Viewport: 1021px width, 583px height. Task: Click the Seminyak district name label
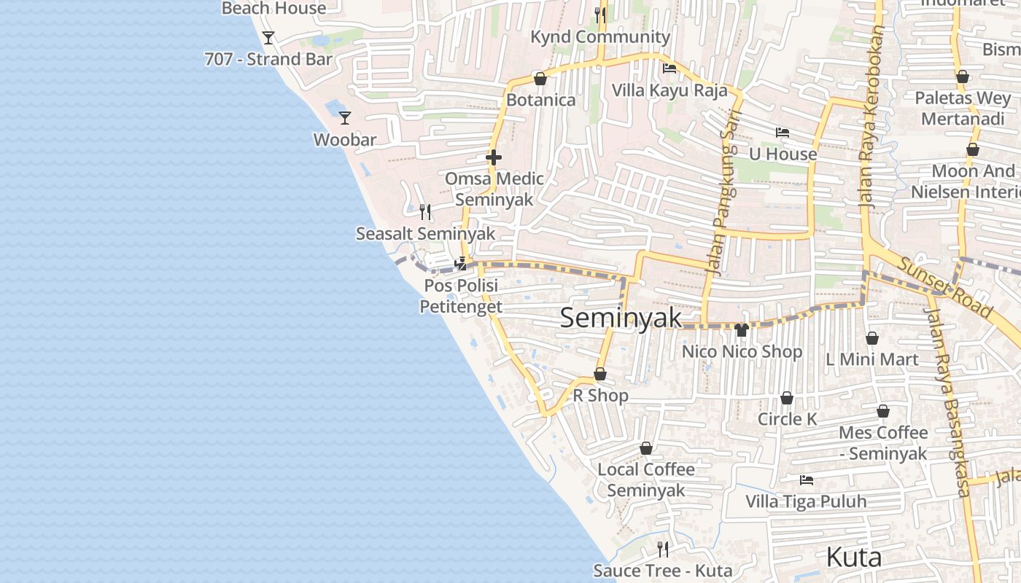621,318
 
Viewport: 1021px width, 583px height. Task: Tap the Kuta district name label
853,557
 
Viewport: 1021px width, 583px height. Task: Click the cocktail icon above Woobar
345,117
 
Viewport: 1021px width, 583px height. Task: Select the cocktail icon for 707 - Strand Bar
268,37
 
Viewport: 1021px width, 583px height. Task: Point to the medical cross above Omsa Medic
494,157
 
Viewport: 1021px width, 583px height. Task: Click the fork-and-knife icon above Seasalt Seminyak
425,212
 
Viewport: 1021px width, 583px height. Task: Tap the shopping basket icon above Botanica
540,78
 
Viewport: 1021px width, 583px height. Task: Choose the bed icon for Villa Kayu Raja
669,69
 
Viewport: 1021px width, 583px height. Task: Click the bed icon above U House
783,132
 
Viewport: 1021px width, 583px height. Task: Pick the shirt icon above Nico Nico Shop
742,329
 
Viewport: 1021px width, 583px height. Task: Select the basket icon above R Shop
600,374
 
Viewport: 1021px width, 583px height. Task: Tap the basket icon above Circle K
787,398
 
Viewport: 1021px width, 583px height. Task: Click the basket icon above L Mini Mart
871,338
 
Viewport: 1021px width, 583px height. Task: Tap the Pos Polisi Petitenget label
461,296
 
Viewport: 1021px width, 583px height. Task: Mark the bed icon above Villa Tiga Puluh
806,480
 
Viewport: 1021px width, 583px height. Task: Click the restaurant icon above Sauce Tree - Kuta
662,549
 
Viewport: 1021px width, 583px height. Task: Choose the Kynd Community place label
600,37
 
